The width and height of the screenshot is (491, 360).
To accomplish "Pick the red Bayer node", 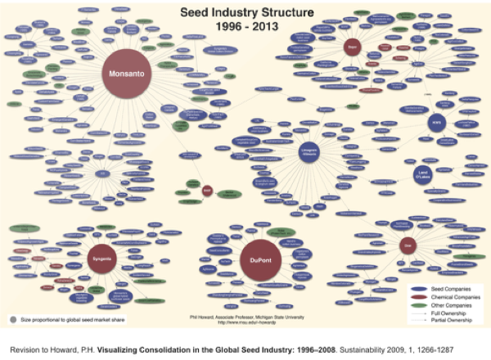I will click(352, 47).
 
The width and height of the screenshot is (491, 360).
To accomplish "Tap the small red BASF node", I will click(207, 191).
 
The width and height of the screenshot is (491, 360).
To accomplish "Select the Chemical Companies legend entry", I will click(457, 295).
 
